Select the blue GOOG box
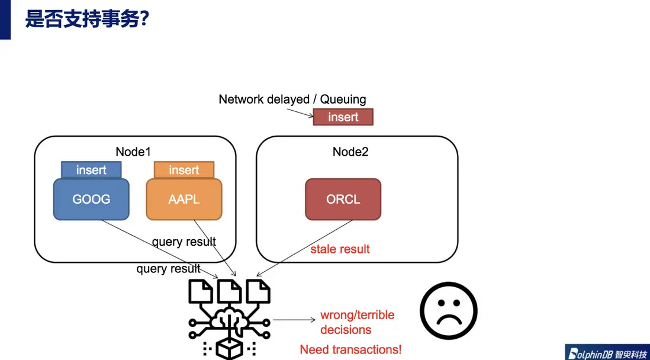click(91, 199)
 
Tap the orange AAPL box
click(184, 199)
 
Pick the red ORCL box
click(343, 199)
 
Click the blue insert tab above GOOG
click(91, 170)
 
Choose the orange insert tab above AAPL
click(184, 170)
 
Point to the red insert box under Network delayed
click(343, 117)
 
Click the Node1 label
click(133, 152)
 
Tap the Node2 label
click(350, 152)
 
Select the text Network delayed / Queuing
click(292, 99)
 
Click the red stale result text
click(340, 249)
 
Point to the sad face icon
click(448, 310)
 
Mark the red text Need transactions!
click(350, 349)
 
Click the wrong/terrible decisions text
click(357, 322)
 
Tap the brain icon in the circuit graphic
click(229, 320)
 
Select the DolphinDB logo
click(606, 352)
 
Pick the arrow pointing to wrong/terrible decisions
click(294, 320)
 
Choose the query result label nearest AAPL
click(184, 242)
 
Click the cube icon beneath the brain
click(229, 349)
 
